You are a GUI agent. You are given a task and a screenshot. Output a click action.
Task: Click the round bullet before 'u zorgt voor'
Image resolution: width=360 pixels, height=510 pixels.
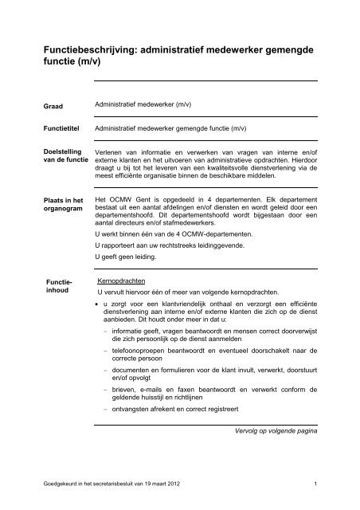click(x=96, y=305)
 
